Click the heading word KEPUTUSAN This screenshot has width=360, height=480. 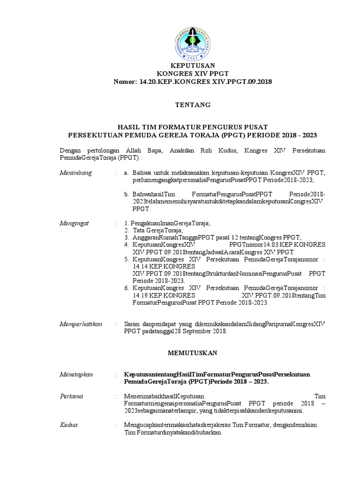(x=193, y=66)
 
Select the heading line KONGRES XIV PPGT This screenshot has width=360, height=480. (x=193, y=74)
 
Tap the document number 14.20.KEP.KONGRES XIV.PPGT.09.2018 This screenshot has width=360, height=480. (x=206, y=82)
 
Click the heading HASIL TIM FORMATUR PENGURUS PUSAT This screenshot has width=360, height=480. (x=193, y=127)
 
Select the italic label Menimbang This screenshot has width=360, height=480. (x=76, y=173)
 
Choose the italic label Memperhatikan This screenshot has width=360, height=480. (x=81, y=324)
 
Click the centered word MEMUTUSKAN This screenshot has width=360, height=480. (x=193, y=352)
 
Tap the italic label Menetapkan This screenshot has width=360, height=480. (x=76, y=374)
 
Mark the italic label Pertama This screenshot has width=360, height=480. (x=72, y=396)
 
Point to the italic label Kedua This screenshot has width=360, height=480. (x=69, y=425)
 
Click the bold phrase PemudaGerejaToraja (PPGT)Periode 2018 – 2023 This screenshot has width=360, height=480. (x=196, y=382)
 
